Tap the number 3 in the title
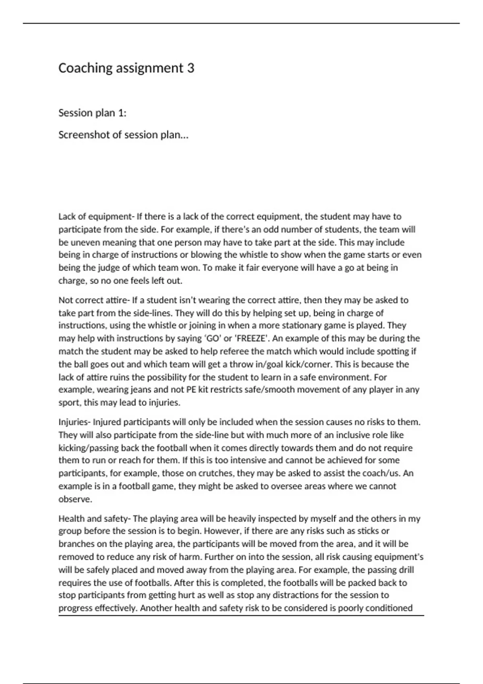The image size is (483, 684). click(x=190, y=68)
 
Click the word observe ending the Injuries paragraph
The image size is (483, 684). click(x=75, y=499)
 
